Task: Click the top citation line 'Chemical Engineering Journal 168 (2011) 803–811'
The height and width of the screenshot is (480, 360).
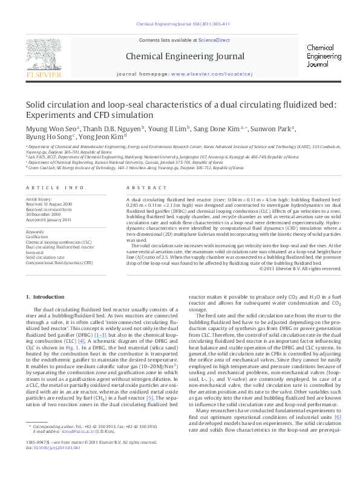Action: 183,24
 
